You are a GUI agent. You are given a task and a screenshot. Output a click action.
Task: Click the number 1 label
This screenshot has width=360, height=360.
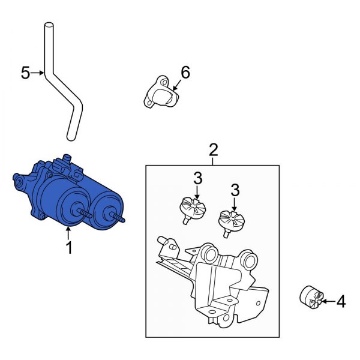68,247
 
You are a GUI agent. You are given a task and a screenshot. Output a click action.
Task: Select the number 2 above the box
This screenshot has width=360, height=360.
213,149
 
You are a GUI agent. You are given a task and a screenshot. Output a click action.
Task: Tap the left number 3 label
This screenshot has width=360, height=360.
198,178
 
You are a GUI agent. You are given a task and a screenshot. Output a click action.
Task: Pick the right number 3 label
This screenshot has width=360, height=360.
235,190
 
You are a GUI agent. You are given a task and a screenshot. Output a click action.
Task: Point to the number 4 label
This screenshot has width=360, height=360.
341,302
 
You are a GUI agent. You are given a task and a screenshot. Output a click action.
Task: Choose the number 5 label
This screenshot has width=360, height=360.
25,73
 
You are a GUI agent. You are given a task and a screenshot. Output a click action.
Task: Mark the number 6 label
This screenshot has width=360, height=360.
185,73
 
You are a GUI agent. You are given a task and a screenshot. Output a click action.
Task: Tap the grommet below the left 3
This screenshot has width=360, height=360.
193,208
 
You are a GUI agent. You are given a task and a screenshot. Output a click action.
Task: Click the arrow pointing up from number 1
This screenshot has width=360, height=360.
68,231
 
